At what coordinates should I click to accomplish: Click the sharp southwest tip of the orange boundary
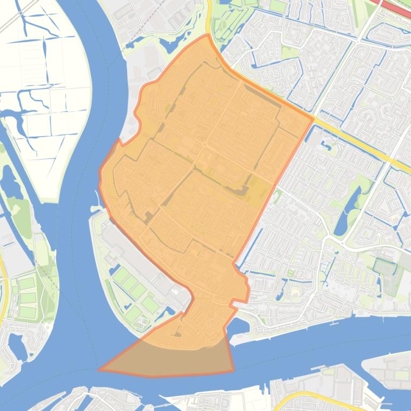(x=99, y=369)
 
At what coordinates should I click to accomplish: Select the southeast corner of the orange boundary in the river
(x=234, y=370)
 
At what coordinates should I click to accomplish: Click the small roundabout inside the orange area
(x=204, y=145)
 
